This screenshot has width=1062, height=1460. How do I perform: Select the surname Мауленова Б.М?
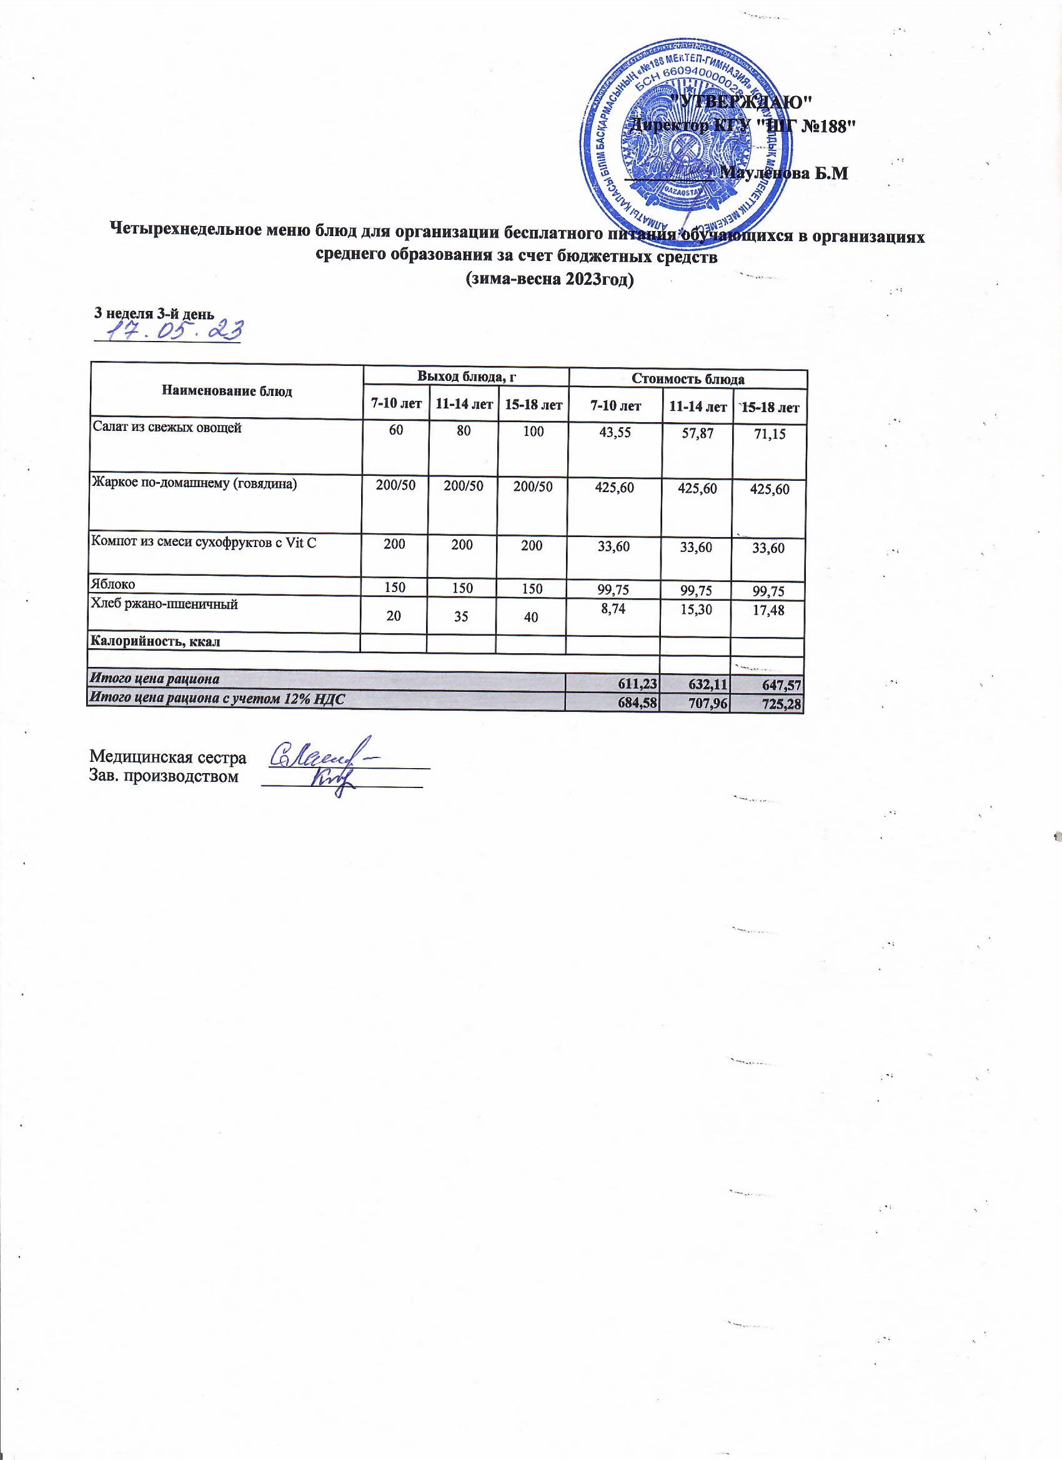[783, 172]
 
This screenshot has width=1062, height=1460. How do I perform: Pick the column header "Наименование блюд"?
[227, 392]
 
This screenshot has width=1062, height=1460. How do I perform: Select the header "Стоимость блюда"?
[688, 378]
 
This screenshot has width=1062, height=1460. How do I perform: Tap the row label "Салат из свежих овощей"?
[167, 427]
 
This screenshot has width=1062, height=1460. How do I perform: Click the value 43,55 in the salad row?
[615, 433]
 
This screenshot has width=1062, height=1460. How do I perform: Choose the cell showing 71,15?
[770, 435]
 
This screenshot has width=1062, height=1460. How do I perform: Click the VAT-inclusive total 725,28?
[782, 705]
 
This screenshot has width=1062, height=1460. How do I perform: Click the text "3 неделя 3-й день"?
[153, 313]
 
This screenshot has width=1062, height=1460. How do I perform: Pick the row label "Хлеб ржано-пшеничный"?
[165, 604]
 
